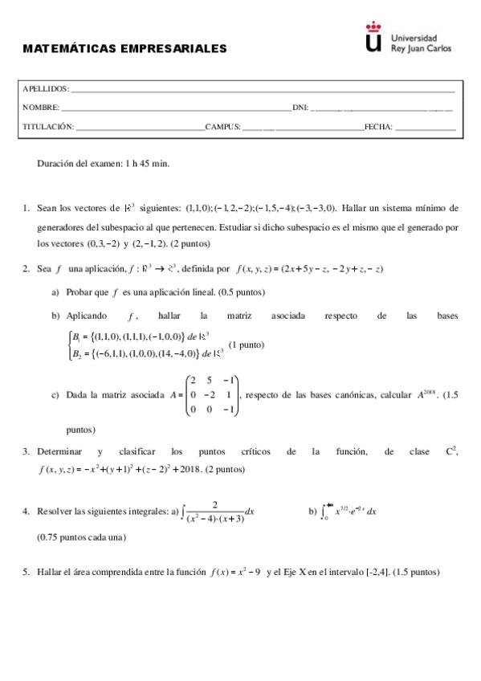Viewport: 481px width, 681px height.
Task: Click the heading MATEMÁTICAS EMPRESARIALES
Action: click(124, 48)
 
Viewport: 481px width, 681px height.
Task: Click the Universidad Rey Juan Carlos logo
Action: click(408, 42)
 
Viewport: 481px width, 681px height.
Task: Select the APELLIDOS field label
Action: click(46, 89)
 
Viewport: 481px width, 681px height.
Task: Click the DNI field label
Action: click(300, 108)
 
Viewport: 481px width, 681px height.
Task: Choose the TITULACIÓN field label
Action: click(48, 127)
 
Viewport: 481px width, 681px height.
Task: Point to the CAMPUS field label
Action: click(222, 127)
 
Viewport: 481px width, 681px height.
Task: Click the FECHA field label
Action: click(377, 127)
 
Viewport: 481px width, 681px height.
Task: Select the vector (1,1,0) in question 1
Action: click(198, 206)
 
